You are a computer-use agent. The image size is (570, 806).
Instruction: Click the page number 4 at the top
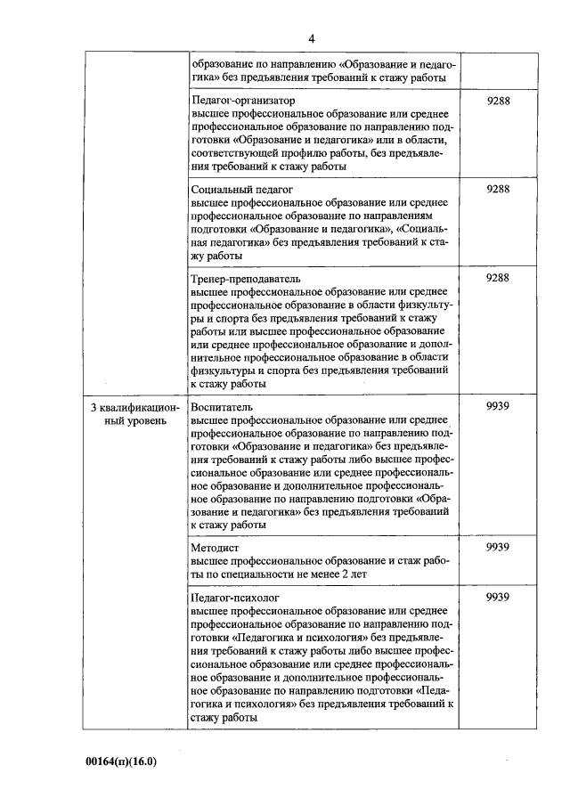click(312, 37)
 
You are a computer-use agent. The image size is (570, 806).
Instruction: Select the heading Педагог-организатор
click(243, 102)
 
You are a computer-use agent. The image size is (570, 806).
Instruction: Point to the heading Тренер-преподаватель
click(247, 278)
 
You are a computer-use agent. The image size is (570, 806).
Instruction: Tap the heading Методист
click(214, 548)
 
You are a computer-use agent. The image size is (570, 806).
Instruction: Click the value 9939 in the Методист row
click(497, 548)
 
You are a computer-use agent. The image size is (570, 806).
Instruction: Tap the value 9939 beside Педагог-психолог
click(497, 598)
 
